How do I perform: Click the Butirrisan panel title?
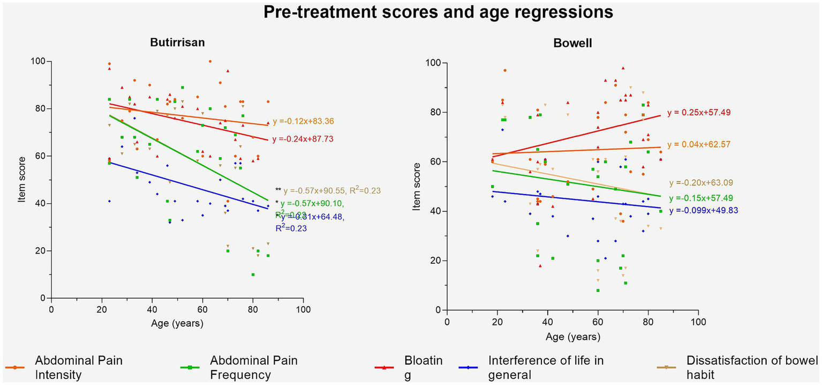pos(177,43)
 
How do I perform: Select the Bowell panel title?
pos(572,43)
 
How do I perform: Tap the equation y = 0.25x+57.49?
pos(699,113)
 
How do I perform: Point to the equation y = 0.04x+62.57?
pos(699,145)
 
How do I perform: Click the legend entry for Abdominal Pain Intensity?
pos(79,367)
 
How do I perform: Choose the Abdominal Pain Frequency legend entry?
pos(254,367)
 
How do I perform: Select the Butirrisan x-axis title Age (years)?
pos(177,324)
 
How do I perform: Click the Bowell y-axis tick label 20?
pos(435,261)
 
